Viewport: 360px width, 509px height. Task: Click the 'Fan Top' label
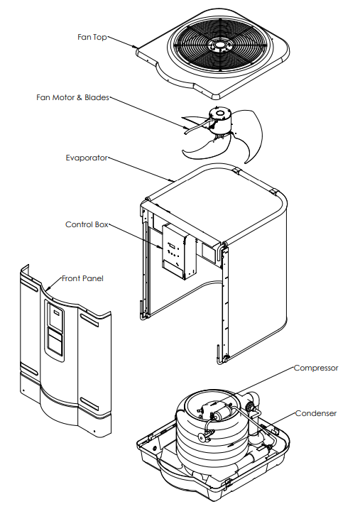coord(92,37)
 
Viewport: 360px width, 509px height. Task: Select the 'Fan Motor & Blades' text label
coord(72,97)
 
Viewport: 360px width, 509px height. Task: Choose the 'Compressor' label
coord(316,368)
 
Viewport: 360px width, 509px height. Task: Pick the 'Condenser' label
coord(316,413)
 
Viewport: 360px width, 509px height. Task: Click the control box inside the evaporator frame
coord(178,251)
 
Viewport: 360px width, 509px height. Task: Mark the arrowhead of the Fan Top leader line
coord(136,48)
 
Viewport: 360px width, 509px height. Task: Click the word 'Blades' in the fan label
coord(97,97)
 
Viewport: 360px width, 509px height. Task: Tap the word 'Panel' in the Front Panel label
coord(92,278)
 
